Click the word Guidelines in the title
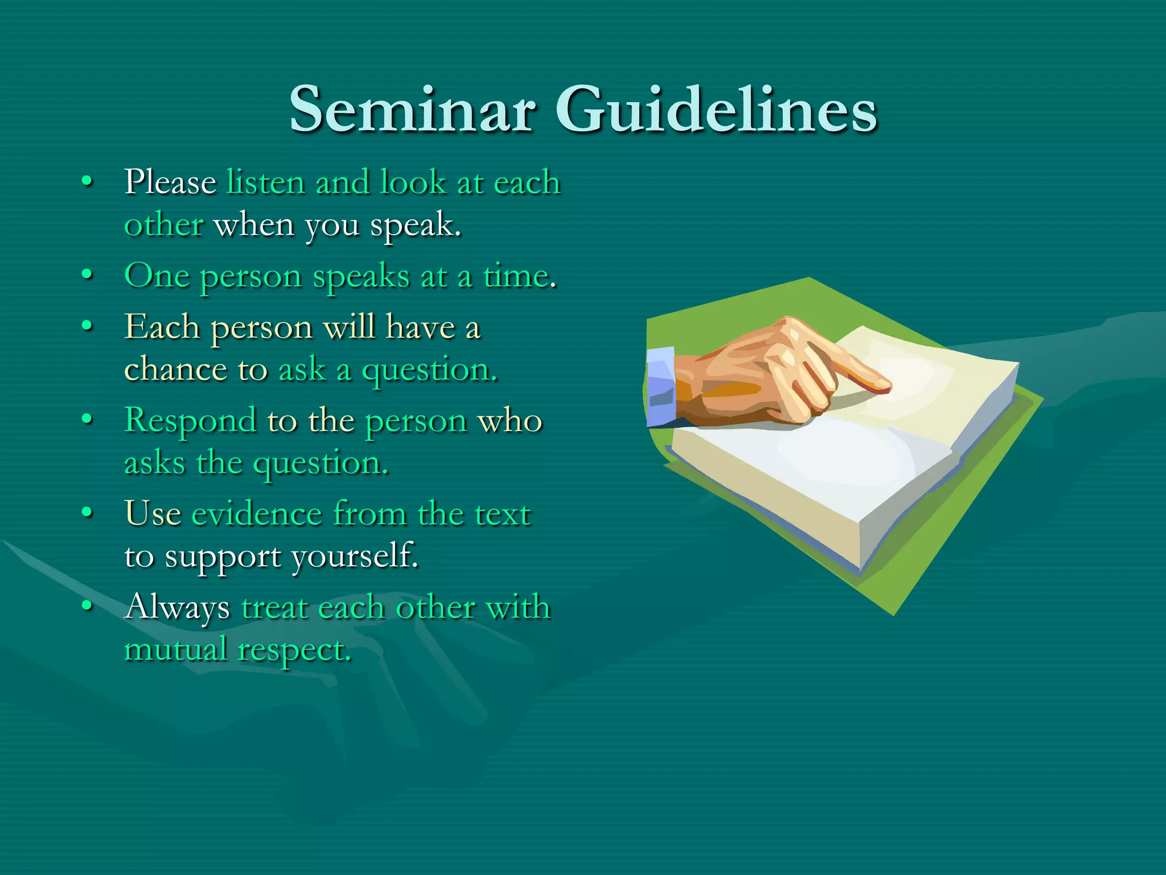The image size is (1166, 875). (716, 109)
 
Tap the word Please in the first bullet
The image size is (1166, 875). (170, 182)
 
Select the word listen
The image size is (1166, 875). (266, 182)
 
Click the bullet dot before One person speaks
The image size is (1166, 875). (87, 275)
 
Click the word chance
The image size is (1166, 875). (176, 369)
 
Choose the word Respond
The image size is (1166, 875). (190, 422)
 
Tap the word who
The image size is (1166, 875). (510, 420)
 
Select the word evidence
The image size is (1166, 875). (257, 514)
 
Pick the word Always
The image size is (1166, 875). (177, 607)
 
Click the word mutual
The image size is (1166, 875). (175, 649)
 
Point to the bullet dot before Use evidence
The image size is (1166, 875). (87, 513)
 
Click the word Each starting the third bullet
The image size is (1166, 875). (162, 327)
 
